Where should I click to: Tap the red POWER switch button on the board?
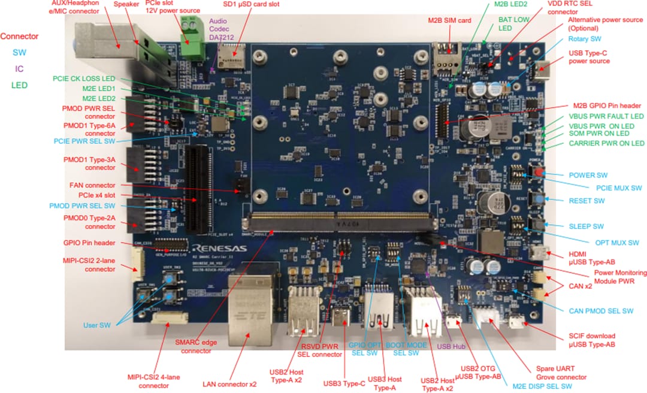click(x=539, y=174)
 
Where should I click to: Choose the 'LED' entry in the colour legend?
click(x=19, y=85)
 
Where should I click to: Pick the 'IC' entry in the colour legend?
click(x=19, y=69)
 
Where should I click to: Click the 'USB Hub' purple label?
click(x=451, y=346)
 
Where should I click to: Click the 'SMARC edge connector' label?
click(x=192, y=346)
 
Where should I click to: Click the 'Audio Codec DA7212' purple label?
click(x=221, y=29)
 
